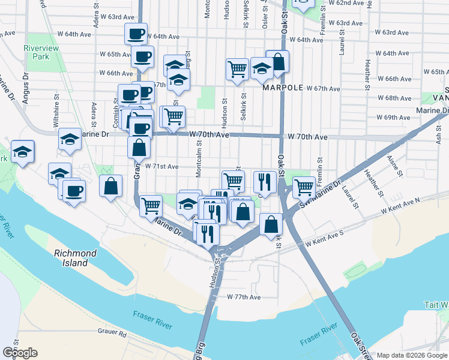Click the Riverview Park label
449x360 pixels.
pyautogui.click(x=37, y=52)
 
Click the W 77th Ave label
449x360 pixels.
pyautogui.click(x=244, y=297)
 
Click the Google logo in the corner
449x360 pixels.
pyautogui.click(x=20, y=353)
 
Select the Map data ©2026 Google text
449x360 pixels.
pyautogui.click(x=411, y=355)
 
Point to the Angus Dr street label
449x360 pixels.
pyautogui.click(x=26, y=89)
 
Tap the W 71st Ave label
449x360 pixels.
pyautogui.click(x=161, y=166)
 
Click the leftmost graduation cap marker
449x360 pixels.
pyautogui.click(x=23, y=152)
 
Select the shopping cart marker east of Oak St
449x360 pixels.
pyautogui.click(x=304, y=187)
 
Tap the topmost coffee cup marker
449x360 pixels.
pyautogui.click(x=136, y=33)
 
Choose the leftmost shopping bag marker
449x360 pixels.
pyautogui.click(x=111, y=185)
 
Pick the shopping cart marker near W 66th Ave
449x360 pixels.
pyautogui.click(x=237, y=69)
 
